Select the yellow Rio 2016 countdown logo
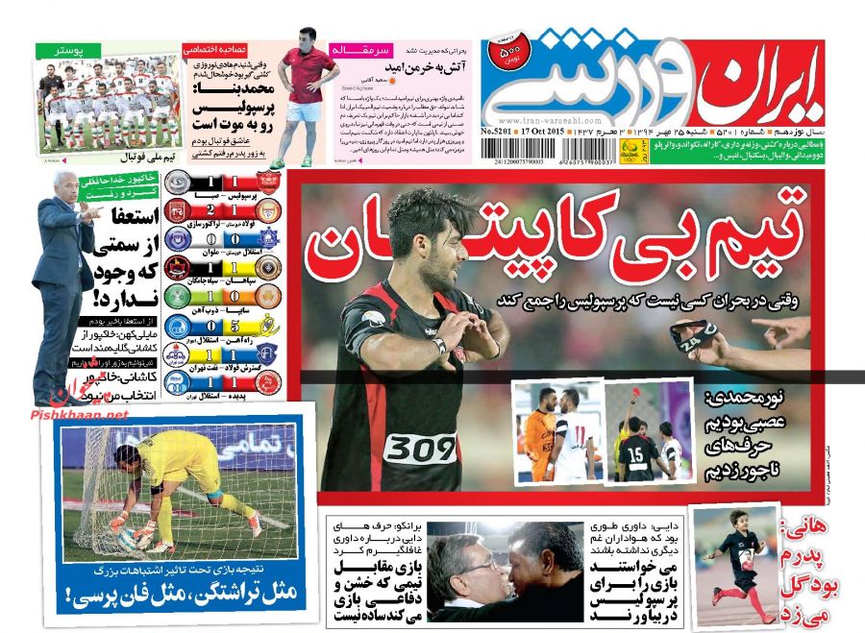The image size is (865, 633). pyautogui.click(x=631, y=149)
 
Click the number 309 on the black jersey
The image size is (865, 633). pyautogui.click(x=420, y=448)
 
